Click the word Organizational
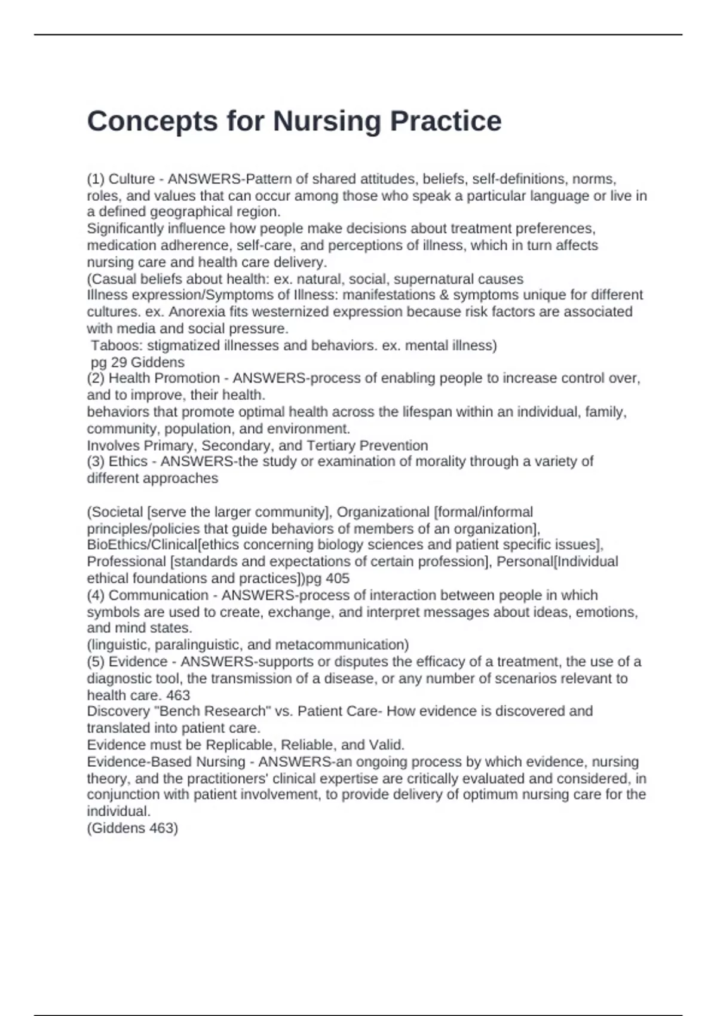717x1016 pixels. pos(383,512)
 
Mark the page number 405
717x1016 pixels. pos(338,579)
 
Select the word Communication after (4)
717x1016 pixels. pos(158,595)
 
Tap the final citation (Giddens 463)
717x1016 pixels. pos(133,828)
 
